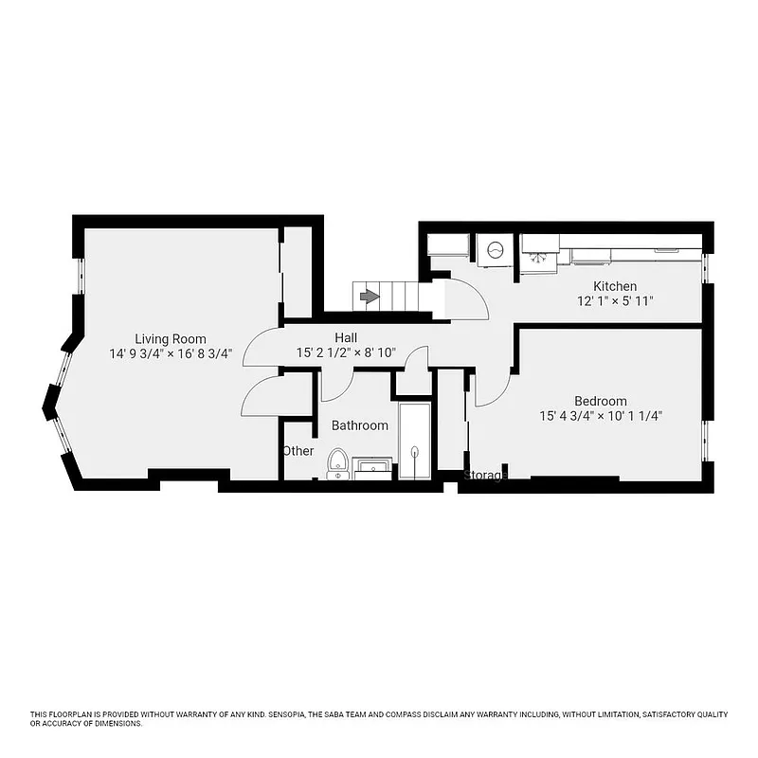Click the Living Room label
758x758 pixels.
170,339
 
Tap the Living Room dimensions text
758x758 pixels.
170,354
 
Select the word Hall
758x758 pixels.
345,337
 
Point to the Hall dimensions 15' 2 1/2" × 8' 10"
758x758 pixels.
345,352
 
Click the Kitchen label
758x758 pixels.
615,286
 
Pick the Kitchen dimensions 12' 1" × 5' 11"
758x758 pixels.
615,301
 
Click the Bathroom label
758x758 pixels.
359,425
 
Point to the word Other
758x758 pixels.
298,451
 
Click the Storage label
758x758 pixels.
485,475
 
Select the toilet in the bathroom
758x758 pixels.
336,463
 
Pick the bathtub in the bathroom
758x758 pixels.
415,441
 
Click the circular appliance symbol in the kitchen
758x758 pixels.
496,251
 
